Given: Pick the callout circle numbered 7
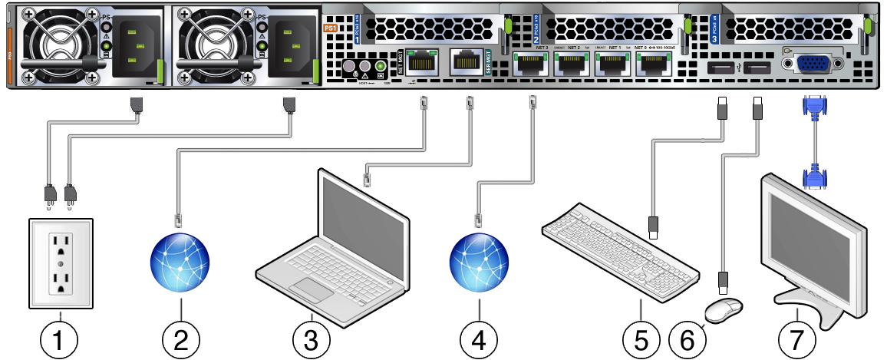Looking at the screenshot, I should pyautogui.click(x=796, y=336).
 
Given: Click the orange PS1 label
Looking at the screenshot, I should pyautogui.click(x=331, y=27).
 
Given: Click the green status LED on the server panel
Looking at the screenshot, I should pyautogui.click(x=380, y=68).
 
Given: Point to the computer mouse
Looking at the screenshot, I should pyautogui.click(x=724, y=309).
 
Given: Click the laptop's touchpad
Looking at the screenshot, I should pyautogui.click(x=310, y=290).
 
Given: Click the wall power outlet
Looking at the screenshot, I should pyautogui.click(x=60, y=263).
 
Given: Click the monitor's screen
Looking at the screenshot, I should pyautogui.click(x=810, y=234).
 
